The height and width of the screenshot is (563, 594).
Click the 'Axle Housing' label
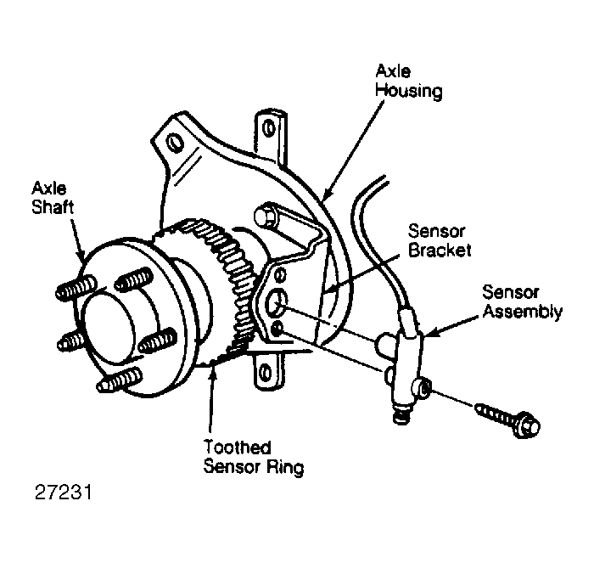tap(408, 82)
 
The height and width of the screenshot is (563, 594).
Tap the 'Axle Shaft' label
tap(53, 198)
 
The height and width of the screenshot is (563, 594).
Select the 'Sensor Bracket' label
tap(440, 241)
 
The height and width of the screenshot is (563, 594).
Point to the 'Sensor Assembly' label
tap(522, 302)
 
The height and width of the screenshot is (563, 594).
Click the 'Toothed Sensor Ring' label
tap(254, 457)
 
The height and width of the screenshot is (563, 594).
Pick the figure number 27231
tap(64, 493)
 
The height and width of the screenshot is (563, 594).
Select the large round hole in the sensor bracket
tap(276, 302)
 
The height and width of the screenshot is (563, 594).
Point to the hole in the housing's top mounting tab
tap(269, 127)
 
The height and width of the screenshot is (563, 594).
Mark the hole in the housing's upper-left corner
tap(175, 143)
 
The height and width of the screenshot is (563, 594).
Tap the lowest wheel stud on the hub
tap(120, 380)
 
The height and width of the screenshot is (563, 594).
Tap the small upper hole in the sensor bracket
tap(281, 274)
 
